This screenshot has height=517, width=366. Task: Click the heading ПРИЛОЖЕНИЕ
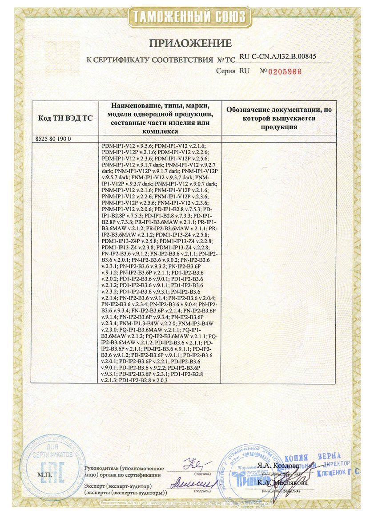190,43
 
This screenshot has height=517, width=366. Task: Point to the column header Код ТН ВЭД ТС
65,118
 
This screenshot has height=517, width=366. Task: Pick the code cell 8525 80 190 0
52,138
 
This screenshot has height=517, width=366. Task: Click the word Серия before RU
225,71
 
